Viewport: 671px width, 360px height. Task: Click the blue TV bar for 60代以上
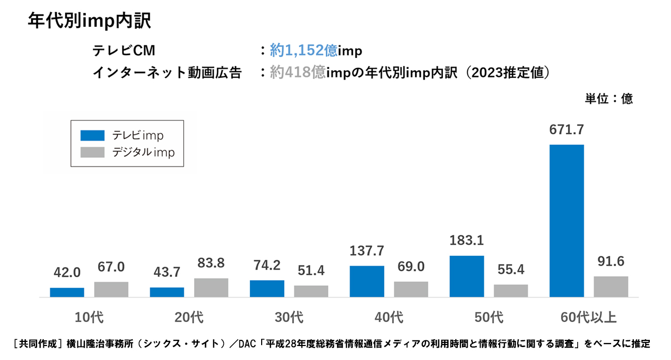[566, 221]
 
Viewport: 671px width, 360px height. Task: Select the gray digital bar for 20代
[211, 288]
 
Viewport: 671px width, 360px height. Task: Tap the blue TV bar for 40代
[366, 281]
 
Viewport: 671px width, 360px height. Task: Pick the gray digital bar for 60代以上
[611, 287]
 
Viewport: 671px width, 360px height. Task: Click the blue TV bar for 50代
[467, 276]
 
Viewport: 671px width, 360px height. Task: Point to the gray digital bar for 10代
[111, 289]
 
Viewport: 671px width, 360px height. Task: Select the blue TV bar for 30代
[267, 289]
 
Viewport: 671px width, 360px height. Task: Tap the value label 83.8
[211, 263]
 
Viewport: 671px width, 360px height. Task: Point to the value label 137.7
[366, 251]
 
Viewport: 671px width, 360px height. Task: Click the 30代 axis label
[289, 317]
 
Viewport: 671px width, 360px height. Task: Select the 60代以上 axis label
[589, 317]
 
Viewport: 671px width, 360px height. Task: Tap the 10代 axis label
[89, 317]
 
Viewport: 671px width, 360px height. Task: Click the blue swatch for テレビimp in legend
[92, 135]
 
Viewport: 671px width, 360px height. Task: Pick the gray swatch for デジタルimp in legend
[92, 152]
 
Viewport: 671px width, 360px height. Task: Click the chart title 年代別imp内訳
[89, 21]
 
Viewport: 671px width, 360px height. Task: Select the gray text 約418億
[297, 73]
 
